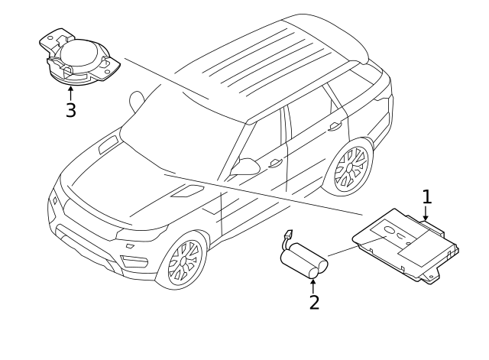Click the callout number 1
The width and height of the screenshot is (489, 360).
(x=427, y=196)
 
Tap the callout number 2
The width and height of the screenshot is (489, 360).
(x=314, y=302)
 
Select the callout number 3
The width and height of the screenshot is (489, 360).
(x=71, y=110)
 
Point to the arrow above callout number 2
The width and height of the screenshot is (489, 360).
(x=313, y=287)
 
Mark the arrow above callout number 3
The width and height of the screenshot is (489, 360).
(x=71, y=93)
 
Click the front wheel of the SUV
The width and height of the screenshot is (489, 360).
(x=184, y=260)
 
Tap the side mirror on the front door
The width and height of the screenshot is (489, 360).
(x=245, y=167)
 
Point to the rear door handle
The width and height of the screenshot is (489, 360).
(x=335, y=126)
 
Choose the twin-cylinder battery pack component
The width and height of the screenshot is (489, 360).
(x=304, y=261)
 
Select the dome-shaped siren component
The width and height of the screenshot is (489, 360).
(x=79, y=58)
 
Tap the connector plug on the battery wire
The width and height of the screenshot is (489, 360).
(x=289, y=233)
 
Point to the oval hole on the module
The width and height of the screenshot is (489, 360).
(x=389, y=230)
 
